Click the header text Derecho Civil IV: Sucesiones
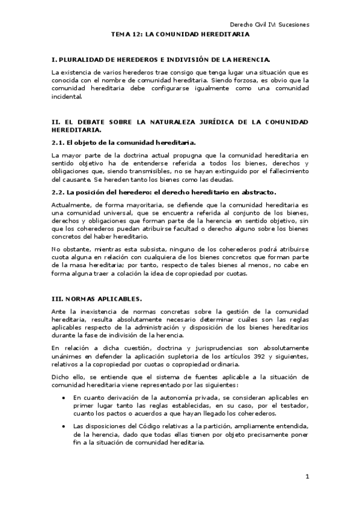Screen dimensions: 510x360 click(x=270, y=25)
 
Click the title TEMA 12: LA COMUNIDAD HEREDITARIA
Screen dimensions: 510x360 click(x=180, y=35)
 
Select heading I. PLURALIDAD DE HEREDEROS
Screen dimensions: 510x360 click(x=161, y=60)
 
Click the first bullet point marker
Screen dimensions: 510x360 click(x=64, y=398)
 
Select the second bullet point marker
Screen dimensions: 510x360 click(x=64, y=426)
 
